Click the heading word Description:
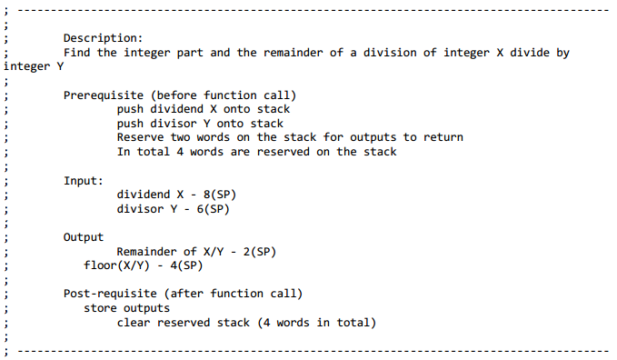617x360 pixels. (x=103, y=38)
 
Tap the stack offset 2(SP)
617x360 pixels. (x=256, y=252)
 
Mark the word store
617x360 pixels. (x=100, y=308)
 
